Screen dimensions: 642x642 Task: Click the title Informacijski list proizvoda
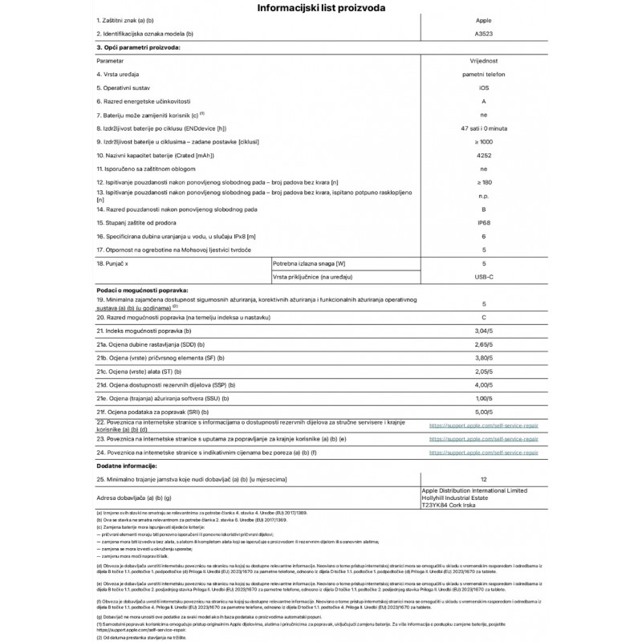[x=320, y=9]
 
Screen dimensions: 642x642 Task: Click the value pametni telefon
[x=483, y=75]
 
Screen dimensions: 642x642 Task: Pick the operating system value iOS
[x=483, y=87]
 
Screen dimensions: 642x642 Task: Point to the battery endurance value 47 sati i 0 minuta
[x=483, y=128]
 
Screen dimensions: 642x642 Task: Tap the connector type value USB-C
[x=483, y=276]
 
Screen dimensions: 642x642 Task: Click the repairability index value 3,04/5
[x=483, y=331]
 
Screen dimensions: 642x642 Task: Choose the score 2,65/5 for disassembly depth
[x=483, y=345]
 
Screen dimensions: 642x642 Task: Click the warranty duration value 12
[x=483, y=480]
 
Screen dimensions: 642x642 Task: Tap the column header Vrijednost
[x=483, y=61]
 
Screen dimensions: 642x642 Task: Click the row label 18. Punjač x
[x=117, y=263]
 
